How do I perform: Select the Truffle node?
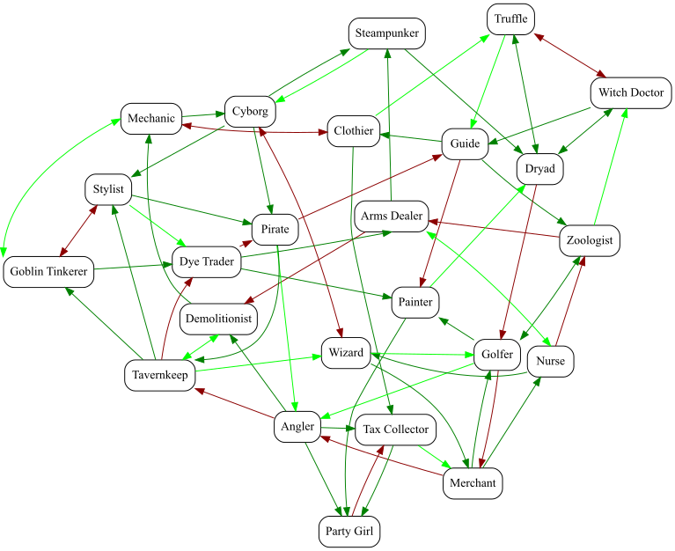[510, 19]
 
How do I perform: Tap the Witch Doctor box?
[631, 93]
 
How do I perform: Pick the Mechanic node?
[150, 119]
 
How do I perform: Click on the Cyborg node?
[250, 111]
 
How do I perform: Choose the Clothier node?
[354, 131]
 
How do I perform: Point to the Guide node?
[464, 143]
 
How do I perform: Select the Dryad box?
[539, 168]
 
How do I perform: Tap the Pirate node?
[275, 229]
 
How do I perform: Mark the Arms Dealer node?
[392, 216]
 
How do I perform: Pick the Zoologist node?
[591, 239]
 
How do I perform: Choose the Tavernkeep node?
[158, 375]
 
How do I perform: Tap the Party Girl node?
[349, 532]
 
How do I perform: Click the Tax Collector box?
[395, 430]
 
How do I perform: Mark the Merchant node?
[473, 483]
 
